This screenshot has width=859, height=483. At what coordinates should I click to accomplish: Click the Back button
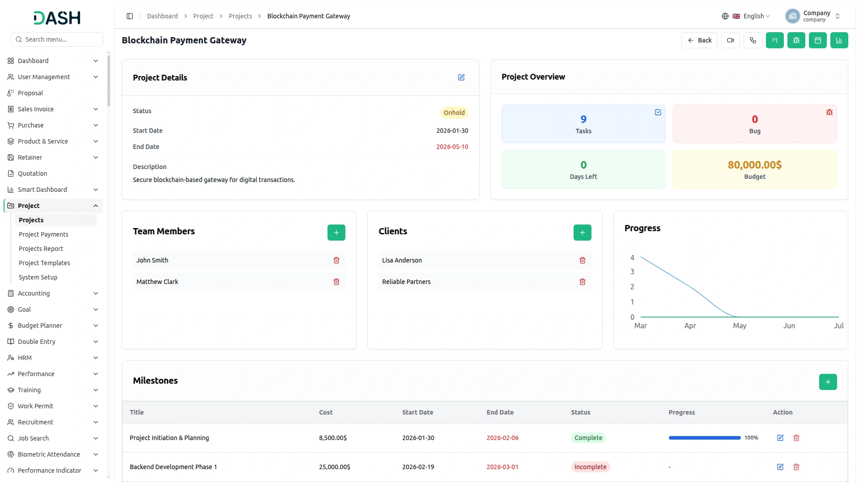pos(699,40)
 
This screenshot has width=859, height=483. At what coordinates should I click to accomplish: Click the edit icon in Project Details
pos(461,77)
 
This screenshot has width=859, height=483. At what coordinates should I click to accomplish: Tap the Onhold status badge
pos(454,113)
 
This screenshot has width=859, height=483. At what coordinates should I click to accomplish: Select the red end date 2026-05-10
pos(452,147)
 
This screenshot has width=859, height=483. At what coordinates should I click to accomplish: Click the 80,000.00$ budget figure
pos(755,165)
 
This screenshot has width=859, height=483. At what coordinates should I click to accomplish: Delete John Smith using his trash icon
pos(336,260)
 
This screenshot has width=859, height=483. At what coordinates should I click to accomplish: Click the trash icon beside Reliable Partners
pos(583,282)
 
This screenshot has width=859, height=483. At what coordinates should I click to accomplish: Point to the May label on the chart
pos(740,326)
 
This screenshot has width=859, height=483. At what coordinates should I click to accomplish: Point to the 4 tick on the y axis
pos(632,258)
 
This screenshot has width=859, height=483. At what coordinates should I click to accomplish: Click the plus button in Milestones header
pos(828,382)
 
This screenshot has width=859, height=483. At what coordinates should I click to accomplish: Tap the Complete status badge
pos(588,438)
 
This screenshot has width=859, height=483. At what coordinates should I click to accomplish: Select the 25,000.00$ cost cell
pos(335,467)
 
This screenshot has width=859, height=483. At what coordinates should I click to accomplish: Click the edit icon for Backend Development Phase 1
pos(780,467)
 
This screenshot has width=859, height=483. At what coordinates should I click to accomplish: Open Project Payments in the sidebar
pos(43,234)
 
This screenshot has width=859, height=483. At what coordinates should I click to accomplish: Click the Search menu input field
pos(57,39)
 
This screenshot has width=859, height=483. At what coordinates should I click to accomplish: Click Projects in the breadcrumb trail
pos(240,16)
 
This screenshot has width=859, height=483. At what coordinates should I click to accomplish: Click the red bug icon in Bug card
pos(829,112)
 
